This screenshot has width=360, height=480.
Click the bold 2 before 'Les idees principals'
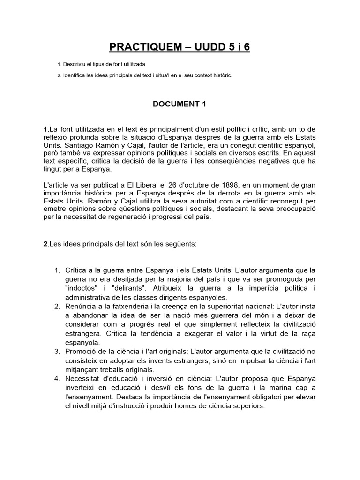tap(45, 244)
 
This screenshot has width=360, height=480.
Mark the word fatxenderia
tap(127, 307)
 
